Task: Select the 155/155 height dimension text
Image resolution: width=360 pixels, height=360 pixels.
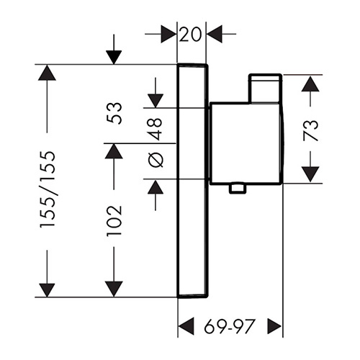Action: pos(48,189)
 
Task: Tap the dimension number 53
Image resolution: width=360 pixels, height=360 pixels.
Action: pos(114,113)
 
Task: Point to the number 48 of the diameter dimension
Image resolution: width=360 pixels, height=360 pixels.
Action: pos(156,129)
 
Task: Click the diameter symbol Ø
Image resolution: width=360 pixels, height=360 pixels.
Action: pos(156,160)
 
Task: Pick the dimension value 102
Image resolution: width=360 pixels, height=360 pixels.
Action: pos(114,221)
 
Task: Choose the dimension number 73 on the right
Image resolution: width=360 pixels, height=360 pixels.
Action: pos(310,130)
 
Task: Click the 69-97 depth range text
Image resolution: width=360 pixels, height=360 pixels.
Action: pos(229,326)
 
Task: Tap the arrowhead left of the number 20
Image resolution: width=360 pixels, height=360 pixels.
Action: pos(168,34)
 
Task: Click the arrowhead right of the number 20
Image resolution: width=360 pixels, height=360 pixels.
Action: pos(214,34)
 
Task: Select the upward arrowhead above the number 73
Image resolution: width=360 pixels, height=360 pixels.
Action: pos(310,84)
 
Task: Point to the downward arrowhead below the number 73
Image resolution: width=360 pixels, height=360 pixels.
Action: pos(310,174)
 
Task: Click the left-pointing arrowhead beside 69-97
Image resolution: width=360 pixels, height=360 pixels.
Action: pos(186,326)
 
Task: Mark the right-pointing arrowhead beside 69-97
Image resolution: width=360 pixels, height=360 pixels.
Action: pos(274,326)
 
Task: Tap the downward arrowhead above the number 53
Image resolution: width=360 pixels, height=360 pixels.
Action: pos(156,101)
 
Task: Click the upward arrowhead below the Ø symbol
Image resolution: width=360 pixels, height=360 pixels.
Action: pos(156,186)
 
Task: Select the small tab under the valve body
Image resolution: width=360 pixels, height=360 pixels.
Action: pos(238,188)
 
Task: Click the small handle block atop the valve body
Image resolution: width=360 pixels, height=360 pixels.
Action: pos(265,89)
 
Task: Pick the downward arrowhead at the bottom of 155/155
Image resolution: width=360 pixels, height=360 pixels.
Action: pos(47,290)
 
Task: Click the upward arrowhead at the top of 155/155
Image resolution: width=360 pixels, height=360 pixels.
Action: pos(47,73)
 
